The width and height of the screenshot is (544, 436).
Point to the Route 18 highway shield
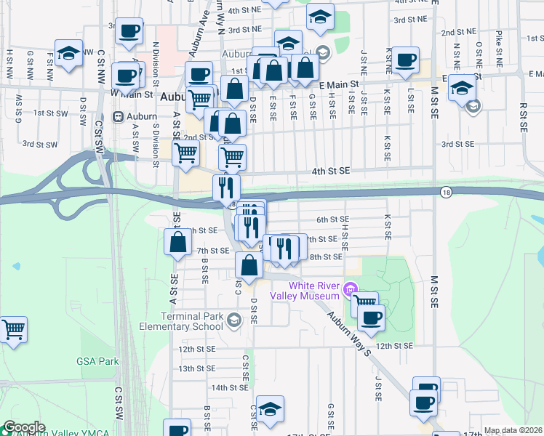[445, 192]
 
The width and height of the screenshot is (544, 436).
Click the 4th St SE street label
[331, 170]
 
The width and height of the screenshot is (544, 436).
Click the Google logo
[24, 427]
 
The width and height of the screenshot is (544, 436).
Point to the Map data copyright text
[513, 430]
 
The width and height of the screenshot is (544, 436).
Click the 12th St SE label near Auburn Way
[395, 346]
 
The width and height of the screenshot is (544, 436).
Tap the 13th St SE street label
[198, 368]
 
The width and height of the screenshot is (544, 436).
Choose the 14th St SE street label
[230, 388]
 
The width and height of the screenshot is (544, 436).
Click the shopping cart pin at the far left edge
[12, 330]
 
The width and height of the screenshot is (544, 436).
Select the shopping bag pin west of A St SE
[178, 242]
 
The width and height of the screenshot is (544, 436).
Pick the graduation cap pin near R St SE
[461, 88]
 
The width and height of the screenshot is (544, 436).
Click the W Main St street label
[132, 94]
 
